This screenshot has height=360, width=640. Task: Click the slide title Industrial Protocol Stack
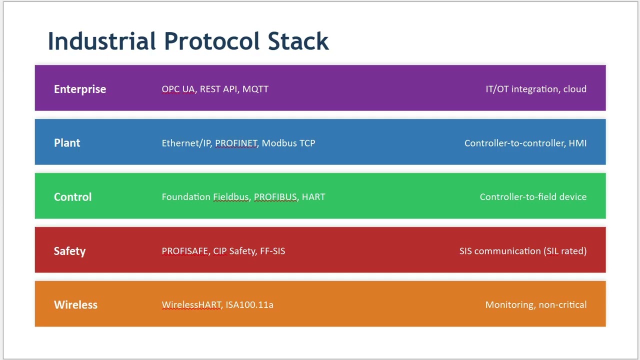(188, 41)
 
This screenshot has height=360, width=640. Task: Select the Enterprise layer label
(80, 89)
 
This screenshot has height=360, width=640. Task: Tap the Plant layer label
(67, 143)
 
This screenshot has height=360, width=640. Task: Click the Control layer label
(72, 197)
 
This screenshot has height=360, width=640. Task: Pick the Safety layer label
(69, 251)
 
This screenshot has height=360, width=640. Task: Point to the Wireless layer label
(75, 305)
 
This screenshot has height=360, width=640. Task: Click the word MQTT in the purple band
(255, 89)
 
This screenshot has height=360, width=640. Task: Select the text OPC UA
(178, 89)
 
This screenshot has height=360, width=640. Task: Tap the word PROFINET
(236, 143)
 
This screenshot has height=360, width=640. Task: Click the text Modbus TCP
(288, 143)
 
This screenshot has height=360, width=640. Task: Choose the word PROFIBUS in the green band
(275, 197)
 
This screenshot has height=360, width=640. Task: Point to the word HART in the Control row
(313, 197)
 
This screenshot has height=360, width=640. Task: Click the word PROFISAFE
(184, 251)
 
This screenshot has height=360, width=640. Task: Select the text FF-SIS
(272, 251)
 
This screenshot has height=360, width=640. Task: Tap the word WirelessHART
(191, 305)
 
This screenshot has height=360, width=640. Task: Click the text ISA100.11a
(249, 305)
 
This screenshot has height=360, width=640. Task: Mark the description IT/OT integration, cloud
(535, 89)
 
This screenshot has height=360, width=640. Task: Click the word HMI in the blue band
(577, 143)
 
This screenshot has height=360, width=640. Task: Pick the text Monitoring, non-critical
(535, 305)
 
